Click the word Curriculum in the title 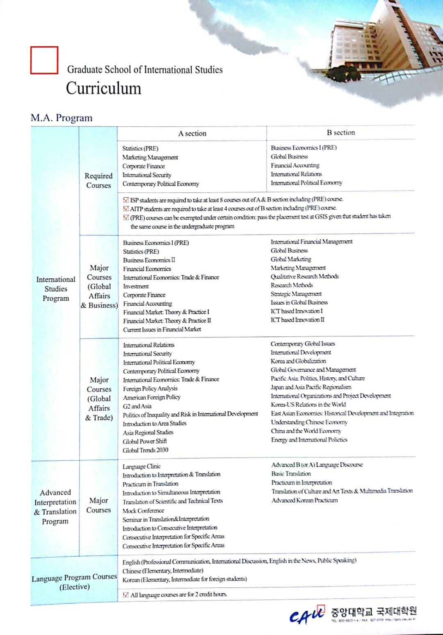click(103, 89)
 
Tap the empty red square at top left click(44, 60)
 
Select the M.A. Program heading click(62, 118)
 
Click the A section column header click(192, 133)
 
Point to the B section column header click(340, 132)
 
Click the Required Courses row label click(98, 180)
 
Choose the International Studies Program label click(56, 289)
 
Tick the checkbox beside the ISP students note click(126, 200)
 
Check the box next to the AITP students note click(126, 208)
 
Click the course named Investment click(136, 286)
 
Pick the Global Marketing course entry click(291, 259)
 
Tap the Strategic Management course click(296, 294)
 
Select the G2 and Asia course click(137, 406)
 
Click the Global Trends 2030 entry click(145, 450)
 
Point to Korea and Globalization click(298, 361)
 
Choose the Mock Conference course click(143, 511)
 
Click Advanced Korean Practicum click(304, 500)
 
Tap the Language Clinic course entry click(142, 466)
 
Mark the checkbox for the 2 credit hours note click(126, 594)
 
